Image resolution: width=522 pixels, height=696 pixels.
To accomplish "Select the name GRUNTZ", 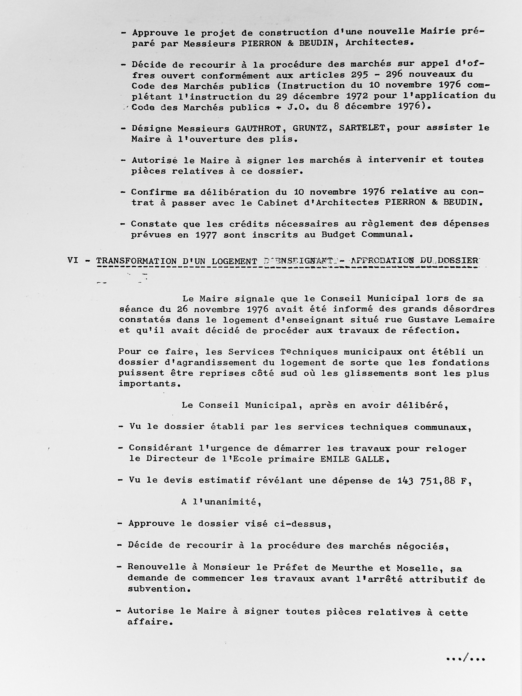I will [307, 128].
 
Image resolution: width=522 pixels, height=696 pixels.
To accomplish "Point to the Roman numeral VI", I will [73, 260].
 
